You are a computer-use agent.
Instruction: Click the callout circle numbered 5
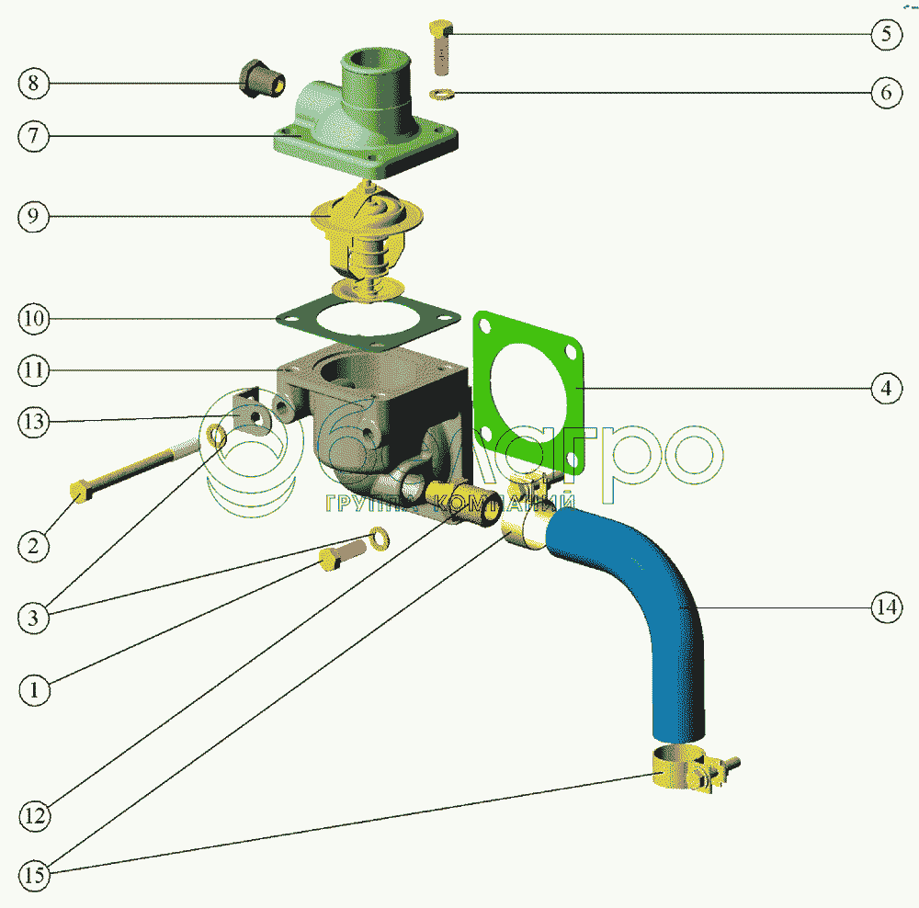885,35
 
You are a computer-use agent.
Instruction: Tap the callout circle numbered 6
885,94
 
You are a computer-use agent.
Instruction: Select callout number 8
34,84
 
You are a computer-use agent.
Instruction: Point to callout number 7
34,136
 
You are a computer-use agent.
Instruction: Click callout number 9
34,217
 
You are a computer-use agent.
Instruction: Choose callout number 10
34,319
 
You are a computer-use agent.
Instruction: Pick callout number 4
885,389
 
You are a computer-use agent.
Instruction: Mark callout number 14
885,607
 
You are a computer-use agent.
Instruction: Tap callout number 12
34,814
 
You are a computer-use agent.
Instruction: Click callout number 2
34,546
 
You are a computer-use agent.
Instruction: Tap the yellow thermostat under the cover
368,234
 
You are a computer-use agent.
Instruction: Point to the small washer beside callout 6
442,93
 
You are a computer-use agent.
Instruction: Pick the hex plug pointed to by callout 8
261,79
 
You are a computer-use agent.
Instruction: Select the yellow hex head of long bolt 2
79,492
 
